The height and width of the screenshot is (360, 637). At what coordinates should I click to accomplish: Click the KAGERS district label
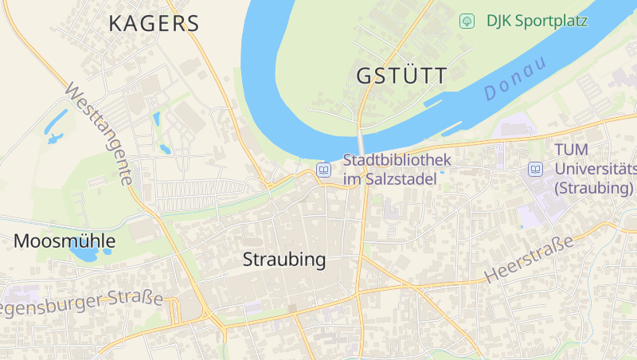[154, 23]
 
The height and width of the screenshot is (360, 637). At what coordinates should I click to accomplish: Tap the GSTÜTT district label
[402, 76]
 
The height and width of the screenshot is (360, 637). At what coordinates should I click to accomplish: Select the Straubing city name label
[284, 260]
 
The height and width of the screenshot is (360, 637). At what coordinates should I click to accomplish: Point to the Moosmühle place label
[64, 241]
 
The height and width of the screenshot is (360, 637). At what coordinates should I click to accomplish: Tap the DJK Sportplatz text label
[537, 21]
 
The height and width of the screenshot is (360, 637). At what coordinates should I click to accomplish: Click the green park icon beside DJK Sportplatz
[467, 21]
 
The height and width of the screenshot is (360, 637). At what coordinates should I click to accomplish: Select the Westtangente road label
[99, 133]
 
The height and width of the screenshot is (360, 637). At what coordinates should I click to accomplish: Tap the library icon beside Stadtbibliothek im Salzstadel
[324, 170]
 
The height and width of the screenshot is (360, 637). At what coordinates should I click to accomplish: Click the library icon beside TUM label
[536, 170]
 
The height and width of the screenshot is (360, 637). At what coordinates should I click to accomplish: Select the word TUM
[571, 151]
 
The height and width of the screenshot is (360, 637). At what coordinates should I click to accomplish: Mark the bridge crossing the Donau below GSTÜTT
[361, 143]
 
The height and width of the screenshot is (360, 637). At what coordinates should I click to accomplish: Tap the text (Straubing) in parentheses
[593, 189]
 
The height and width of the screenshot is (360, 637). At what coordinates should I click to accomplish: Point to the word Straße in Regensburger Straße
[137, 299]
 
